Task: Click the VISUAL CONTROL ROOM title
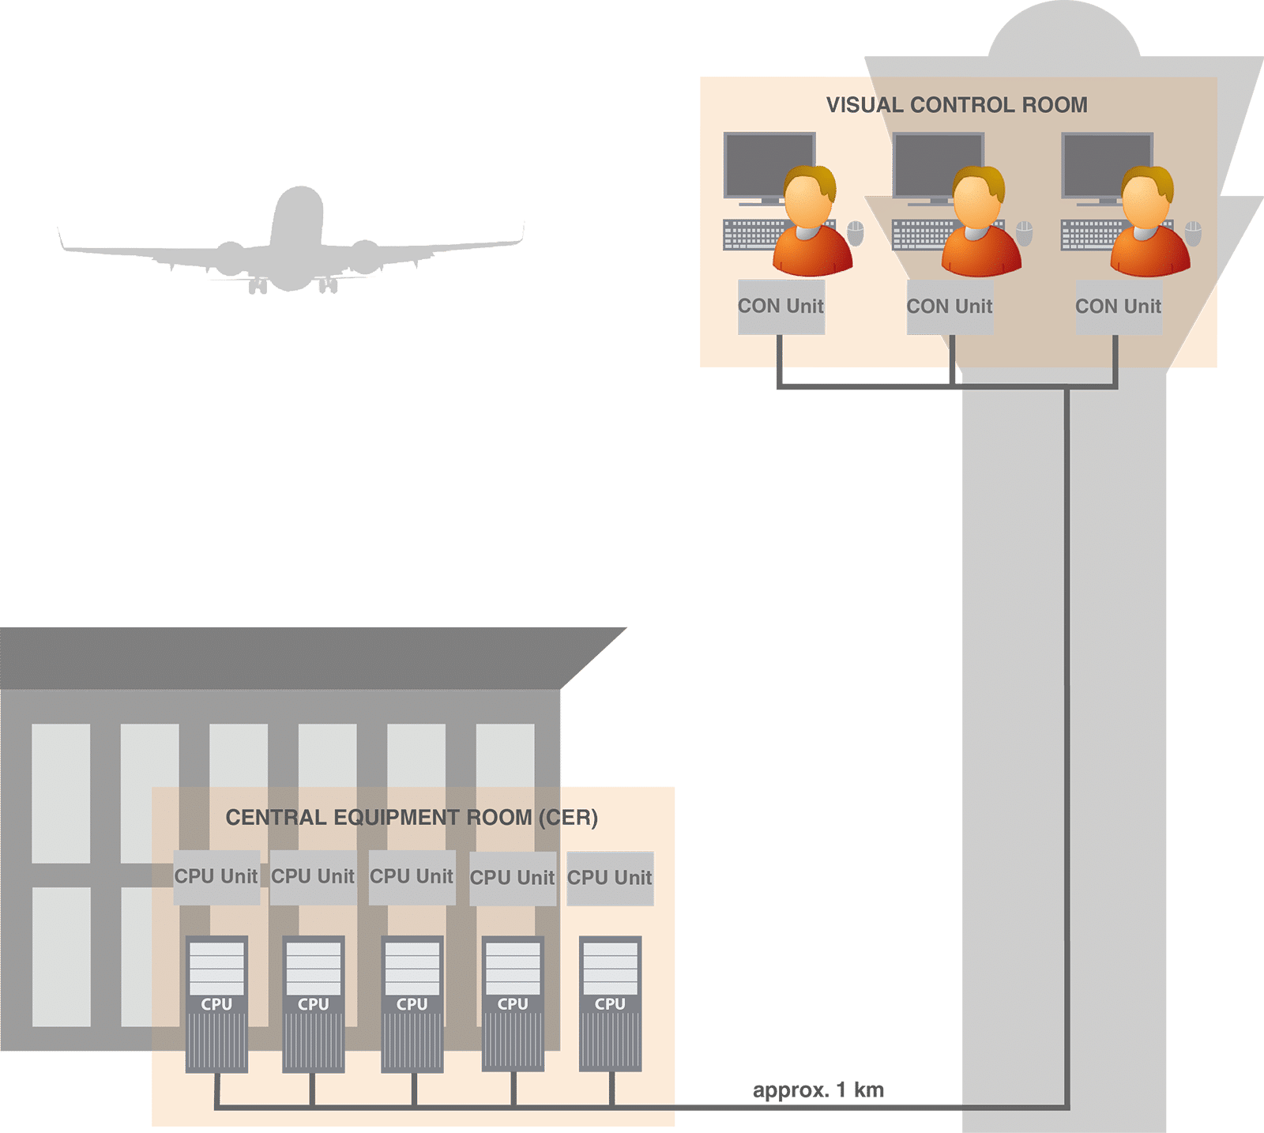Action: [957, 105]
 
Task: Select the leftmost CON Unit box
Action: [781, 307]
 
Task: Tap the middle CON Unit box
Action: [950, 307]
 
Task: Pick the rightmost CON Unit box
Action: [1119, 307]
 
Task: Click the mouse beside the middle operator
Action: [1025, 233]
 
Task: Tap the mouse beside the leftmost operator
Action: [856, 233]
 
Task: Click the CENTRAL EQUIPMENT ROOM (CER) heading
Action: [412, 817]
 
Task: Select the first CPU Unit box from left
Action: [216, 877]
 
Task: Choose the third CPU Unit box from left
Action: [412, 877]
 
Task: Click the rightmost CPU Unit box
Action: [610, 878]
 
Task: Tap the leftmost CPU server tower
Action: [216, 1003]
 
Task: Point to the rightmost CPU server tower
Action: [610, 1003]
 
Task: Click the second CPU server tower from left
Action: [314, 1003]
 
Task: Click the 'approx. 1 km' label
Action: [818, 1090]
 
